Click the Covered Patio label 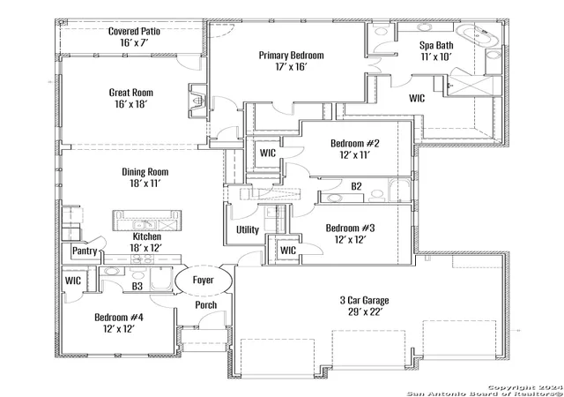(134, 32)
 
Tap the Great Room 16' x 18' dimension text (131, 104)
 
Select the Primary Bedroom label (292, 56)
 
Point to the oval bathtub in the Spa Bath (478, 35)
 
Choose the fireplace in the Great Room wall (197, 101)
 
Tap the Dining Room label (145, 172)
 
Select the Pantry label (85, 251)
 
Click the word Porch (206, 305)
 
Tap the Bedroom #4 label (119, 318)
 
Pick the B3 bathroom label (137, 287)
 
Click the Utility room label (248, 230)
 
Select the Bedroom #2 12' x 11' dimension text (355, 155)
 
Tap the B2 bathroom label (356, 186)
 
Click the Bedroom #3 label (351, 228)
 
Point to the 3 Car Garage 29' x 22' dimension (365, 312)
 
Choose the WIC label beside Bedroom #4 (73, 281)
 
